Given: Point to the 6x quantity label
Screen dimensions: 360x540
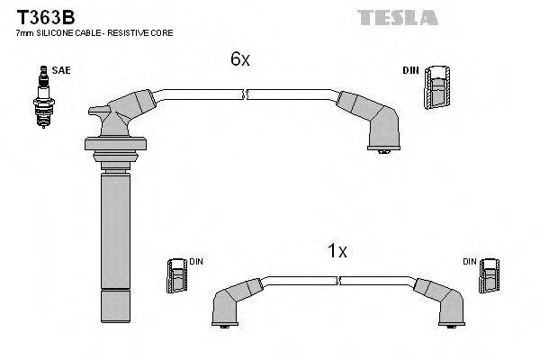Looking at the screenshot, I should click(238, 59).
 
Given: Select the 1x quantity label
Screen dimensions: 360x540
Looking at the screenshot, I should click(337, 252).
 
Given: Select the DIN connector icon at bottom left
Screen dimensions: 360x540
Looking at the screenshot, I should click(176, 276).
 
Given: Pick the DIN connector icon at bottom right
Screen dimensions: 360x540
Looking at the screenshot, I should click(489, 276).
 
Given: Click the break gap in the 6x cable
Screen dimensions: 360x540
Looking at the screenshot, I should click(246, 93).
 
